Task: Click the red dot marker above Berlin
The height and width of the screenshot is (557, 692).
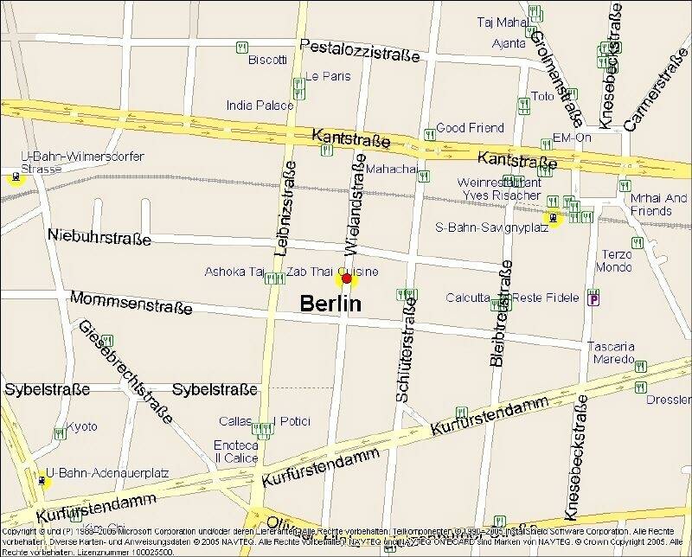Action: coord(347,278)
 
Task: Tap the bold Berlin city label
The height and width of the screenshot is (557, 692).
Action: coord(330,304)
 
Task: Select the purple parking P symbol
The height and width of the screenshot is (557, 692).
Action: coord(593,299)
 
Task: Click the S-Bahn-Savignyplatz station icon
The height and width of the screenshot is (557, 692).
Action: coord(552,218)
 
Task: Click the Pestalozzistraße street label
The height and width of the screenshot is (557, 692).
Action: coord(359,50)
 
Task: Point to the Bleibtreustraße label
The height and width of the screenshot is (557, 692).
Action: coord(500,317)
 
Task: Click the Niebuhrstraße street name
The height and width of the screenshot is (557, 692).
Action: coord(99,236)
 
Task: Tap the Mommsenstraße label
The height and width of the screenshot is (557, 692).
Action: coord(131,301)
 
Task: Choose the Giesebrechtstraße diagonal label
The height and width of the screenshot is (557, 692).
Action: coord(125,370)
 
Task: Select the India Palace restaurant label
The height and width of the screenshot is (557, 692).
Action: coord(259,106)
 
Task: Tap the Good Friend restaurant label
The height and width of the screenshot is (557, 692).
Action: coord(469,128)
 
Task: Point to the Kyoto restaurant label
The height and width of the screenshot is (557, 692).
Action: coord(82,427)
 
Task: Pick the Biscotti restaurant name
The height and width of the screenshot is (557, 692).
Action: coord(267,60)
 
